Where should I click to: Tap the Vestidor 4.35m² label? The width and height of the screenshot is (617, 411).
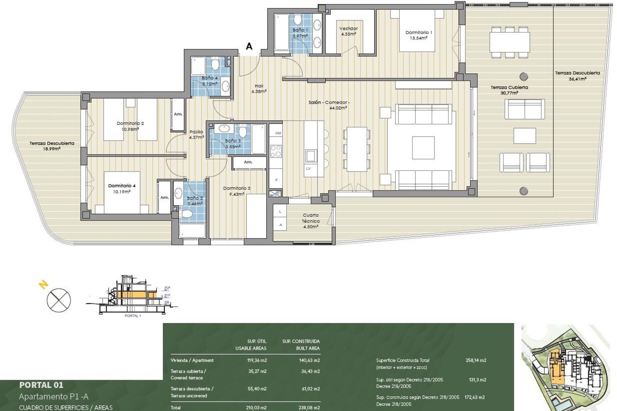point(348,31)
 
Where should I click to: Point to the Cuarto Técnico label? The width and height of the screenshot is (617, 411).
point(310,221)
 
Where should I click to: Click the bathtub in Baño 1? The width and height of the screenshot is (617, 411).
point(281,32)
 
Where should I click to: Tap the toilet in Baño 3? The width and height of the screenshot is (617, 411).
point(243,131)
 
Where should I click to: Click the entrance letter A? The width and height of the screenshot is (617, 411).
point(249,47)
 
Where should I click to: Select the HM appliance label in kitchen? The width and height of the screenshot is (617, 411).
point(278,133)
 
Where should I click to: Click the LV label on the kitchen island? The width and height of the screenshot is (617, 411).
point(308,169)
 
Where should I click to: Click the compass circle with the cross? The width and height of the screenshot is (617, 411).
point(59,300)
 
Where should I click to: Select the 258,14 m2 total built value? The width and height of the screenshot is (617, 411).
point(476,360)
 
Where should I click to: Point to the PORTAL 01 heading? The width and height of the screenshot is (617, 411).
point(41,385)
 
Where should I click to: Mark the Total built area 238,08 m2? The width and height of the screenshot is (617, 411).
point(309,407)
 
